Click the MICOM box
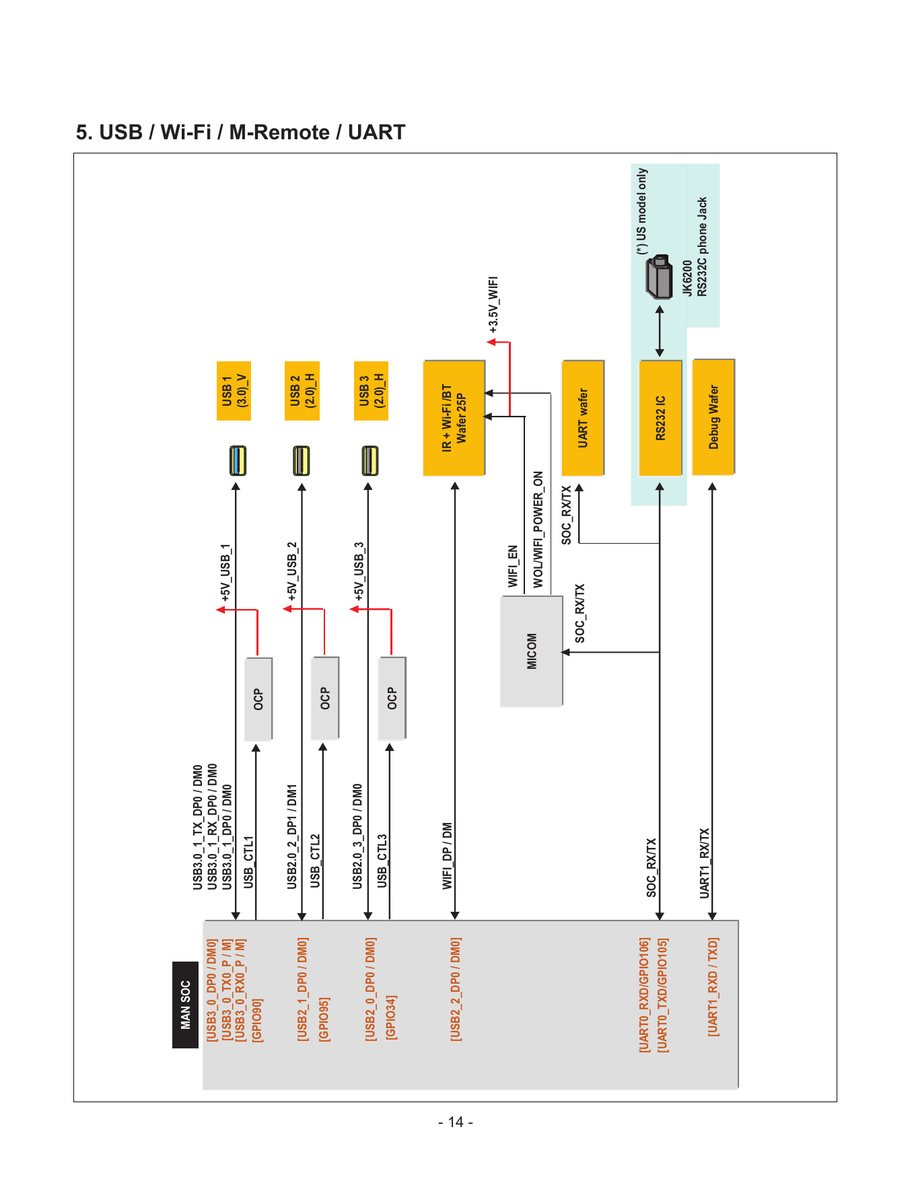(x=531, y=651)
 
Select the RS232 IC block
(x=660, y=418)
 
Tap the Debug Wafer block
(x=713, y=417)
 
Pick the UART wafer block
(x=583, y=418)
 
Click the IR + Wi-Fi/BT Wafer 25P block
(x=454, y=418)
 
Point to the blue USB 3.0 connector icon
(x=237, y=461)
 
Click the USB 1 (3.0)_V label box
(x=234, y=391)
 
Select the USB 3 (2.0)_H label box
(x=371, y=391)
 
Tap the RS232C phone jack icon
(x=659, y=277)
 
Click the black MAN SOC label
(x=185, y=1005)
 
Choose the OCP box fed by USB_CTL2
(x=325, y=698)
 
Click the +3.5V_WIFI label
(x=493, y=305)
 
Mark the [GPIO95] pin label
(x=324, y=1019)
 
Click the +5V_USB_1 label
(x=225, y=572)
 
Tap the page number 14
(x=456, y=1122)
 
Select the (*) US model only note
(x=642, y=211)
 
